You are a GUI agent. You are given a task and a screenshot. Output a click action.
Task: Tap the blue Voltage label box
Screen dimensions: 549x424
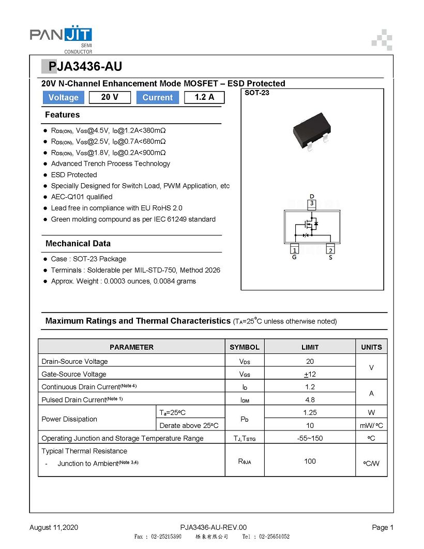tap(63, 97)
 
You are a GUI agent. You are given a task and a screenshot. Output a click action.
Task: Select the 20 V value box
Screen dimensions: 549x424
tap(110, 97)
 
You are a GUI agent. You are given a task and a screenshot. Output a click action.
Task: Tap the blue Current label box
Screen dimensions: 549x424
tap(157, 97)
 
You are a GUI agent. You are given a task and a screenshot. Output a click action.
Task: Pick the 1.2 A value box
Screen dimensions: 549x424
tap(204, 97)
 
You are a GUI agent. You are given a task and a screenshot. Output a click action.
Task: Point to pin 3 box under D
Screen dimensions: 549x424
tap(312, 204)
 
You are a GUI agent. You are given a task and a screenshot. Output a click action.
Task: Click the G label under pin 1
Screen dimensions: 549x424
tap(294, 257)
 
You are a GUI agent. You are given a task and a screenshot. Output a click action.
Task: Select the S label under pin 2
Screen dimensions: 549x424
tap(330, 257)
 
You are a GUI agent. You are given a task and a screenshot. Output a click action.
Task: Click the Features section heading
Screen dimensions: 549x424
tap(63, 115)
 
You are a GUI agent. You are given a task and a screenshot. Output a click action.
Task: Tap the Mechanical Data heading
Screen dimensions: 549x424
tap(78, 243)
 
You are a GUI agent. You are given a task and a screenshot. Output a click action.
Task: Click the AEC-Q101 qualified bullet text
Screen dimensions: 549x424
tap(81, 197)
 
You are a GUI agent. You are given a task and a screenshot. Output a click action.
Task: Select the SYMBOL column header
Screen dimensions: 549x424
tap(245, 347)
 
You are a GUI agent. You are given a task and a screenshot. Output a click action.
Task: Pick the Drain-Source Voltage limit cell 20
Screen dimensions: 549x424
tap(310, 361)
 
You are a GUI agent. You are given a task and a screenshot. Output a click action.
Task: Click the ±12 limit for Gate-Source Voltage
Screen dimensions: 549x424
tap(310, 374)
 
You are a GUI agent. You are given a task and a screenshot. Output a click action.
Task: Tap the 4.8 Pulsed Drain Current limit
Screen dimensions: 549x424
tap(310, 399)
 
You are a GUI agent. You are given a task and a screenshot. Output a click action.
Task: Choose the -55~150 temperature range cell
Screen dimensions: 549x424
tap(310, 438)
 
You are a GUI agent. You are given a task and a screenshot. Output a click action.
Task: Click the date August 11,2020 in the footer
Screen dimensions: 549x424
tap(54, 527)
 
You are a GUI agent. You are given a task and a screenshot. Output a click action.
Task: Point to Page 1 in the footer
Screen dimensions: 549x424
tap(383, 527)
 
